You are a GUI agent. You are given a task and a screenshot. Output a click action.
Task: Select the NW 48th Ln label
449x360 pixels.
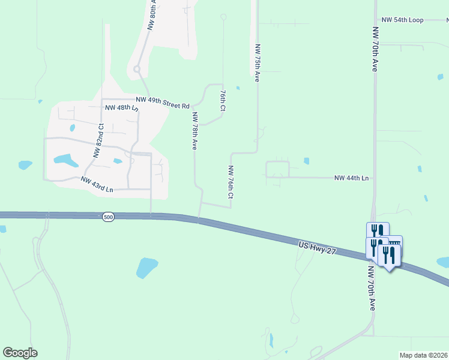coord(122,109)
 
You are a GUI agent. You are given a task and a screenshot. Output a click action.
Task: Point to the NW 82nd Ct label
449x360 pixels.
coord(98,140)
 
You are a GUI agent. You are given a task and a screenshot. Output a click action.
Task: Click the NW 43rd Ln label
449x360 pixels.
coord(97,185)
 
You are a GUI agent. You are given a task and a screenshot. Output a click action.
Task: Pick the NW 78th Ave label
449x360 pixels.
coord(194,130)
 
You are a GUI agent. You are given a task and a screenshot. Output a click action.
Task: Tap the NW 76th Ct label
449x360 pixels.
coord(230,183)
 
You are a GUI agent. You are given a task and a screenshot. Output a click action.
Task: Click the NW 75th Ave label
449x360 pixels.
coord(257,62)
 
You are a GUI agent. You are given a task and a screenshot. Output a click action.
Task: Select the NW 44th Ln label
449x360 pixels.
coord(351,178)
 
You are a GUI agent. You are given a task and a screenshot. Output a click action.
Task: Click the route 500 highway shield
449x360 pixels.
coord(108,217)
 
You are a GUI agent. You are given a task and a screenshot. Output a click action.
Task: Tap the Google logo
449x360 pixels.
coord(20,353)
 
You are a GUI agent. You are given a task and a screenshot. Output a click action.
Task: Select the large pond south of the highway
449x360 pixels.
coord(146,267)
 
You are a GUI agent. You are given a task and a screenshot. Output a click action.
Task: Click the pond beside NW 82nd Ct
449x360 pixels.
coord(65,160)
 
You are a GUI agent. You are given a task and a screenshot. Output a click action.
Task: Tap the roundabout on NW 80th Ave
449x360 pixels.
coord(137,70)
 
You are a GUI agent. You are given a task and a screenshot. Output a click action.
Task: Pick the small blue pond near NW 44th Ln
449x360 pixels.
coord(306,161)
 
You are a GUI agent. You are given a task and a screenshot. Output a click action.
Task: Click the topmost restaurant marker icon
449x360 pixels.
coord(378,231)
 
